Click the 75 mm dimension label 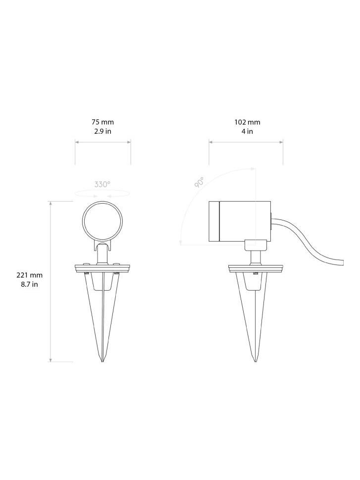(x=103, y=122)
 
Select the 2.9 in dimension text (x=103, y=131)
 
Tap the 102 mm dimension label (x=247, y=122)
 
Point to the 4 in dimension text (x=247, y=131)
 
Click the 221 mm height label (x=30, y=275)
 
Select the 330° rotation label (x=103, y=184)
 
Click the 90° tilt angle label (x=199, y=182)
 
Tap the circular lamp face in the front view (x=103, y=221)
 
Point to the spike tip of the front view (x=103, y=359)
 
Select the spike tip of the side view (x=256, y=359)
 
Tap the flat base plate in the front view (x=103, y=268)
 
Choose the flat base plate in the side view (x=256, y=268)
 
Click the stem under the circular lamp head (x=103, y=255)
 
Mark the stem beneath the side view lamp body (x=256, y=257)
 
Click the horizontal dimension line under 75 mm (x=103, y=142)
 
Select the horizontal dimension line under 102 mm (x=246, y=142)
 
